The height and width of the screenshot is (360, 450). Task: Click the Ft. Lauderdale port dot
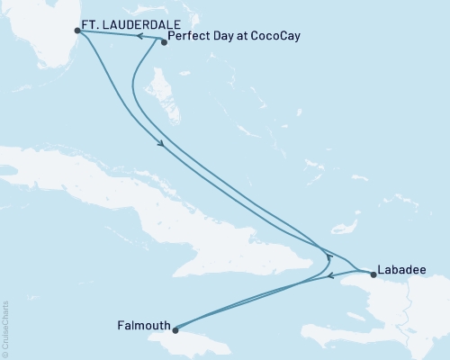point(77,31)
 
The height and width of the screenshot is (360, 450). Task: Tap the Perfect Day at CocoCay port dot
point(163,41)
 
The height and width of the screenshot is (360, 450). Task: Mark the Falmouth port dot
point(175,329)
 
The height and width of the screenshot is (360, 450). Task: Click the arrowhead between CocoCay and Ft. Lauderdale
point(142,37)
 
